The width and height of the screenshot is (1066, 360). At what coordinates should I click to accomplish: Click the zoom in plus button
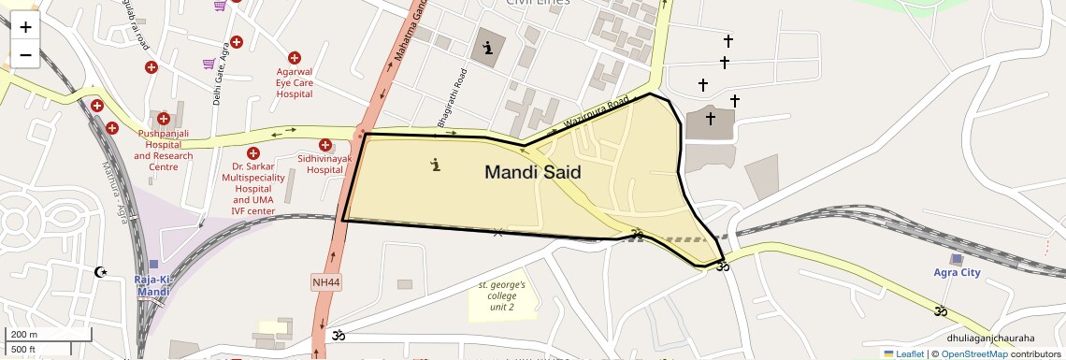click(25, 27)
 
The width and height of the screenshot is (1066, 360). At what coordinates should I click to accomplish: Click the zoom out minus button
click(25, 54)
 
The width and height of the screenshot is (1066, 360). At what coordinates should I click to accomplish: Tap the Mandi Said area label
click(532, 172)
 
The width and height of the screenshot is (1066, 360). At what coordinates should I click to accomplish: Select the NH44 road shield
click(325, 281)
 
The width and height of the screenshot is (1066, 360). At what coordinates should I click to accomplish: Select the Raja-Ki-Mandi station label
click(152, 285)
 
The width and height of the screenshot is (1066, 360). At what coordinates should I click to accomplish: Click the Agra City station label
click(957, 273)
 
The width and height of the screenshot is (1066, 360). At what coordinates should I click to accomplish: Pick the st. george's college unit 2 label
click(502, 295)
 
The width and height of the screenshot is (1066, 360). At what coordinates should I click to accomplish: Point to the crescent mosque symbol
click(100, 273)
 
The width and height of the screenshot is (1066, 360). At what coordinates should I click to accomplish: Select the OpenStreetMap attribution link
click(973, 354)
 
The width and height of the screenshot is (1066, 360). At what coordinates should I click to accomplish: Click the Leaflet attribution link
click(903, 354)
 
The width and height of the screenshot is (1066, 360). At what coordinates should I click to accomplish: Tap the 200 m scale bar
click(47, 335)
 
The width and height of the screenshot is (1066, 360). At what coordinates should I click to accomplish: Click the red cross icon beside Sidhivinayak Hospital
click(325, 145)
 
